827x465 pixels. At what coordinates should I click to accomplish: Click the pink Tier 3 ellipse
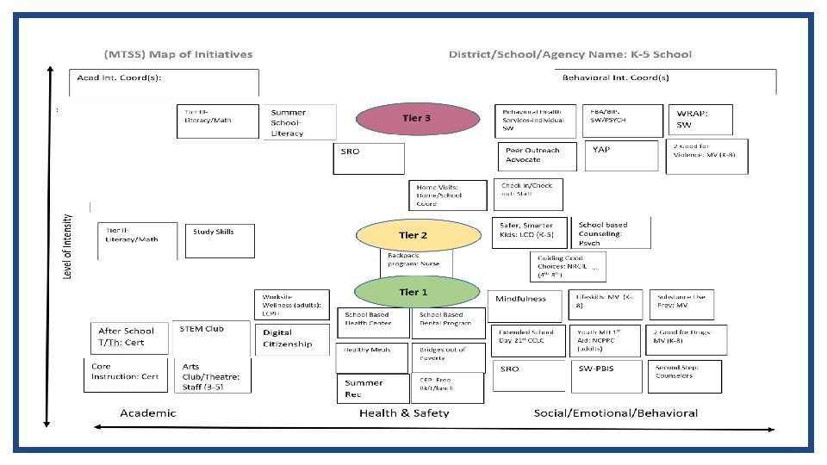[x=417, y=119]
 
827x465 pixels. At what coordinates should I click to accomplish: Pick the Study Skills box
[x=220, y=240]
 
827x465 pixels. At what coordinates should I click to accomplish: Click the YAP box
[x=623, y=157]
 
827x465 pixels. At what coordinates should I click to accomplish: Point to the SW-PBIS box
[x=608, y=375]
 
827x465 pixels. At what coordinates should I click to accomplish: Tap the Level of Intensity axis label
[x=68, y=246]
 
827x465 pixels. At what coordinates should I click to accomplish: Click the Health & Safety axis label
[x=404, y=413]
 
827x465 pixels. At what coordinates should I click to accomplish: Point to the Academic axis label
[x=147, y=413]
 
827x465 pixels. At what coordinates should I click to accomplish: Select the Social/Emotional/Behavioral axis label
[x=615, y=413]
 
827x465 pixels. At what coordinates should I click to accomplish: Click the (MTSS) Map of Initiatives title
[x=179, y=54]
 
